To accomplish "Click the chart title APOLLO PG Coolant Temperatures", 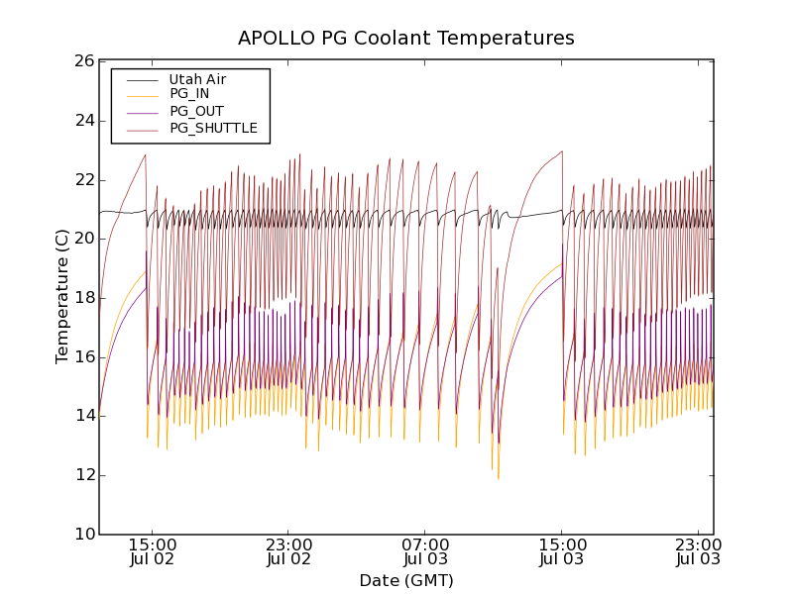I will pyautogui.click(x=406, y=39).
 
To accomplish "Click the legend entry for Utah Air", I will pyautogui.click(x=197, y=79).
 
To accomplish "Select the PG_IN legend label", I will pyautogui.click(x=189, y=94).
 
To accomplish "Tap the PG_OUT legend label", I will pyautogui.click(x=196, y=111).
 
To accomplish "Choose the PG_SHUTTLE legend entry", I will pyautogui.click(x=213, y=128).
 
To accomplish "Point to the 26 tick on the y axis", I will pyautogui.click(x=83, y=61).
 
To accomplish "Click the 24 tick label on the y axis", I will pyautogui.click(x=83, y=121).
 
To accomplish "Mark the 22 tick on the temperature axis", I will pyautogui.click(x=83, y=179).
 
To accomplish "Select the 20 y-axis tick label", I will pyautogui.click(x=83, y=239).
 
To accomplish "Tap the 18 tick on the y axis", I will pyautogui.click(x=83, y=298).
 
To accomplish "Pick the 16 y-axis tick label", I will pyautogui.click(x=83, y=356).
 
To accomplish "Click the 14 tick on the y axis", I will pyautogui.click(x=83, y=416).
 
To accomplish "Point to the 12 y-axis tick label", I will pyautogui.click(x=83, y=475).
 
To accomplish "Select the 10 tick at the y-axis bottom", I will pyautogui.click(x=83, y=535).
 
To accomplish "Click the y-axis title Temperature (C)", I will pyautogui.click(x=62, y=297).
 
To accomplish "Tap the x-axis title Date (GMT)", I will pyautogui.click(x=406, y=580).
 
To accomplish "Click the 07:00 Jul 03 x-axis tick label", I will pyautogui.click(x=425, y=551).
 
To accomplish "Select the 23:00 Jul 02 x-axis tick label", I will pyautogui.click(x=288, y=551).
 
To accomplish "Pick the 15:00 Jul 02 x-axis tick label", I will pyautogui.click(x=152, y=551).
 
